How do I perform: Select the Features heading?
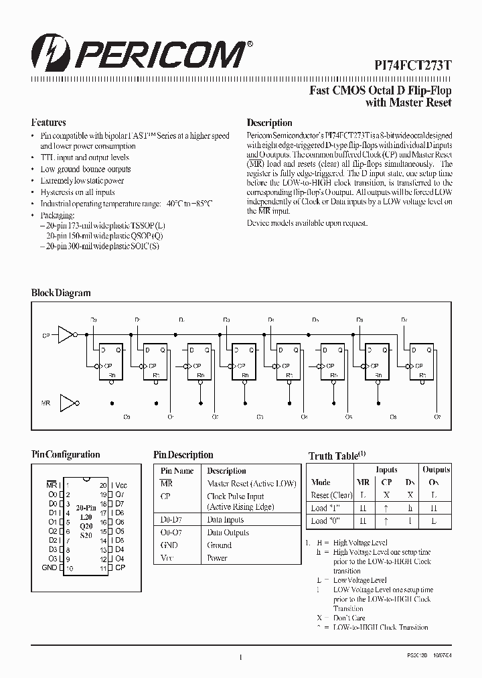(48, 123)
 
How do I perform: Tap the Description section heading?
(269, 123)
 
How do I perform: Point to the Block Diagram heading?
(61, 293)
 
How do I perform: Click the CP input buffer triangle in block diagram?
(66, 334)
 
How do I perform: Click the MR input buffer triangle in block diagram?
(68, 403)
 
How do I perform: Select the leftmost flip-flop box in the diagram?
(111, 362)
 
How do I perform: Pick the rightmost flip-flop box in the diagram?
(422, 362)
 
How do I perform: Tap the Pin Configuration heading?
(66, 454)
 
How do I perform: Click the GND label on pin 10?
(50, 567)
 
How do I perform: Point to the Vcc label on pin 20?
(121, 484)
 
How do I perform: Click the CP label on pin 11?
(120, 567)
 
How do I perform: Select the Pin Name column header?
(177, 471)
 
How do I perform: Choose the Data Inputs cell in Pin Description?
(226, 520)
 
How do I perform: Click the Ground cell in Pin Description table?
(220, 545)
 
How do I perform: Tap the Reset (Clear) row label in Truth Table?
(331, 495)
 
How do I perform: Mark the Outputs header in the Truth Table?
(436, 470)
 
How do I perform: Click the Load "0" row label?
(324, 521)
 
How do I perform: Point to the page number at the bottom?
(240, 658)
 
